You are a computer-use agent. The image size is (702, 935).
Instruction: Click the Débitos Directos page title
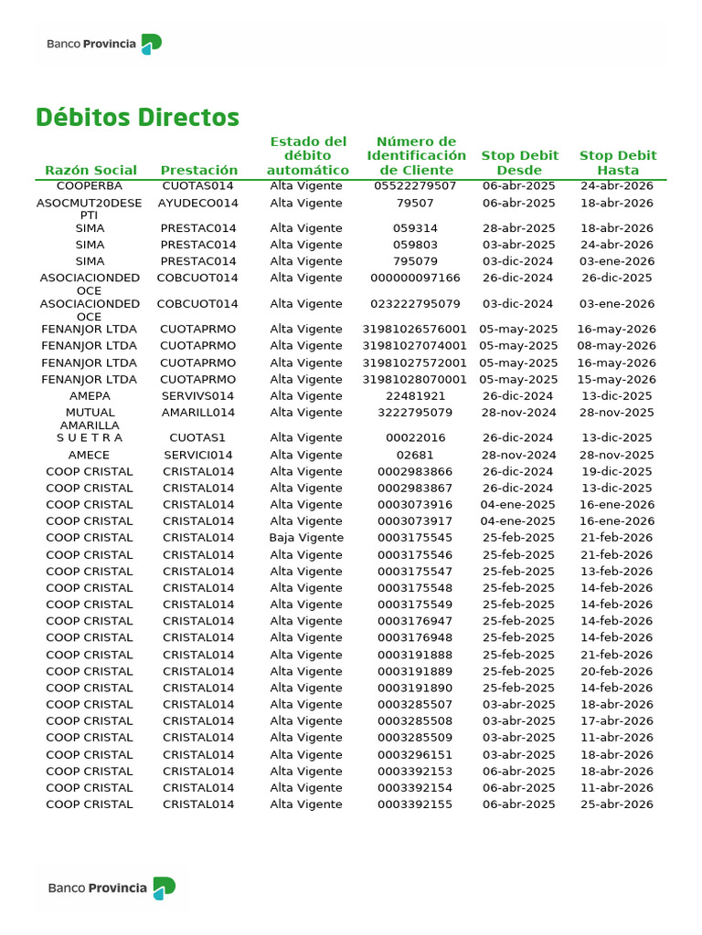coord(137,118)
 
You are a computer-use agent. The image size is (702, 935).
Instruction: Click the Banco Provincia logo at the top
coord(105,44)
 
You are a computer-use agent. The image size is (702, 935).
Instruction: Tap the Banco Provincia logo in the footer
coord(112,888)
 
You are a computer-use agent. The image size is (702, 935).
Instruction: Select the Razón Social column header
coord(90,170)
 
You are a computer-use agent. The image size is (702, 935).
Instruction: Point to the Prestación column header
coord(198,170)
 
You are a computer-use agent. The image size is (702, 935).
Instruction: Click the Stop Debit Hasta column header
coord(618,163)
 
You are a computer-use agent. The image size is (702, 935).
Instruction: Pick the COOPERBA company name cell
coord(90,186)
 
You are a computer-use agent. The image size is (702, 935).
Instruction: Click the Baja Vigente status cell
coord(306,538)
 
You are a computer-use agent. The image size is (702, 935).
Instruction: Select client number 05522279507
coord(415,186)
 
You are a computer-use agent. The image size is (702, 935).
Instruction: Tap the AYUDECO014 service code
coord(198,203)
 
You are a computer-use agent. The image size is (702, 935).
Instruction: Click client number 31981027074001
coord(415,346)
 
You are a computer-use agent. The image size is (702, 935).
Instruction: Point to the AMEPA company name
coord(90,396)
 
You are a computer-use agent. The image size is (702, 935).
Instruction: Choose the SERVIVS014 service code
coord(198,396)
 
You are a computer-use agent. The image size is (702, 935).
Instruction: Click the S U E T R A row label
coord(90,438)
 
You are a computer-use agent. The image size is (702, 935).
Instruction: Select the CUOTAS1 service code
coord(198,438)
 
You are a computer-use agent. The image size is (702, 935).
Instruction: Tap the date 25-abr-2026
coord(617,804)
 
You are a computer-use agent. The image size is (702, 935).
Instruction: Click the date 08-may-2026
coord(617,346)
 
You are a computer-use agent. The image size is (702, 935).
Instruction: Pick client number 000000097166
coord(415,278)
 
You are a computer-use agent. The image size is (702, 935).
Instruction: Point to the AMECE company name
coord(90,455)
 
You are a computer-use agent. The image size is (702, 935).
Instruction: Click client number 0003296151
coord(415,755)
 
